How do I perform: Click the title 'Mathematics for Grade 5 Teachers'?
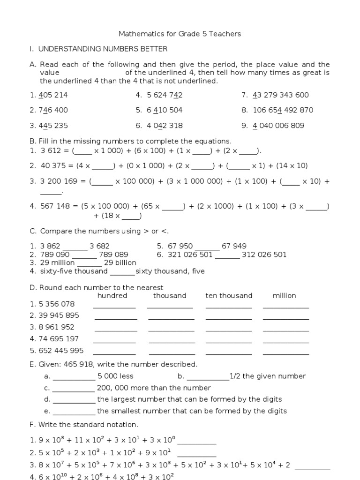tap(180, 34)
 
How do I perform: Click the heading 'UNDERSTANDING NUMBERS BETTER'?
tap(103, 49)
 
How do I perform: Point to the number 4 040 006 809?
tap(278, 126)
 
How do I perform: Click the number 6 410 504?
tap(165, 110)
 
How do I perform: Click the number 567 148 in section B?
tap(57, 206)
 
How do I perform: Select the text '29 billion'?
tap(120, 262)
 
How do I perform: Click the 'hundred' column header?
tap(112, 295)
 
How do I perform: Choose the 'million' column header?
tap(285, 295)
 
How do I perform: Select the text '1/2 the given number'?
tap(267, 376)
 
